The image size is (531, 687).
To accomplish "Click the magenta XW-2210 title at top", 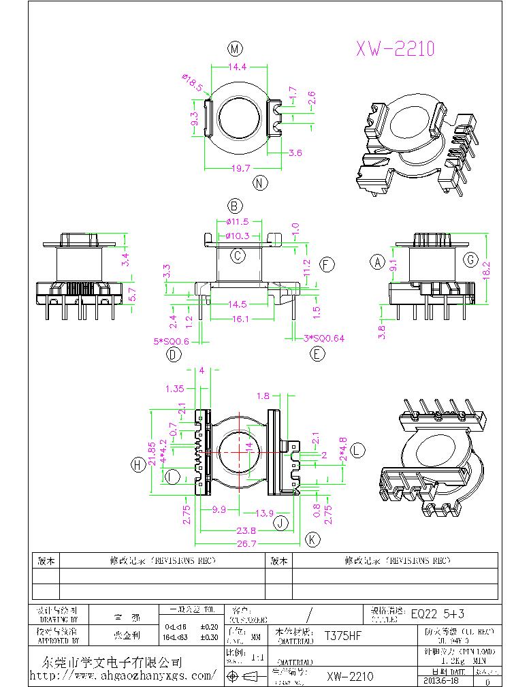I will pos(395,48).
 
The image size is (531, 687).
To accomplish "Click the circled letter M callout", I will pos(236,48).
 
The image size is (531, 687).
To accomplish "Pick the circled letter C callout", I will pos(238,256).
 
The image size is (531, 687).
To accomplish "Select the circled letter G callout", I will pos(470,259).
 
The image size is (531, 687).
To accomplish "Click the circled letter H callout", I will pos(138,464).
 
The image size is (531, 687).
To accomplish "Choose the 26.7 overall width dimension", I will pos(246,543).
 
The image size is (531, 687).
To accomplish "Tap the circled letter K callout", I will pos(312,539).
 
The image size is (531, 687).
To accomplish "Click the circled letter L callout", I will pos(359,450).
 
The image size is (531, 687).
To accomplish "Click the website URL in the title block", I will pos(123,676).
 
